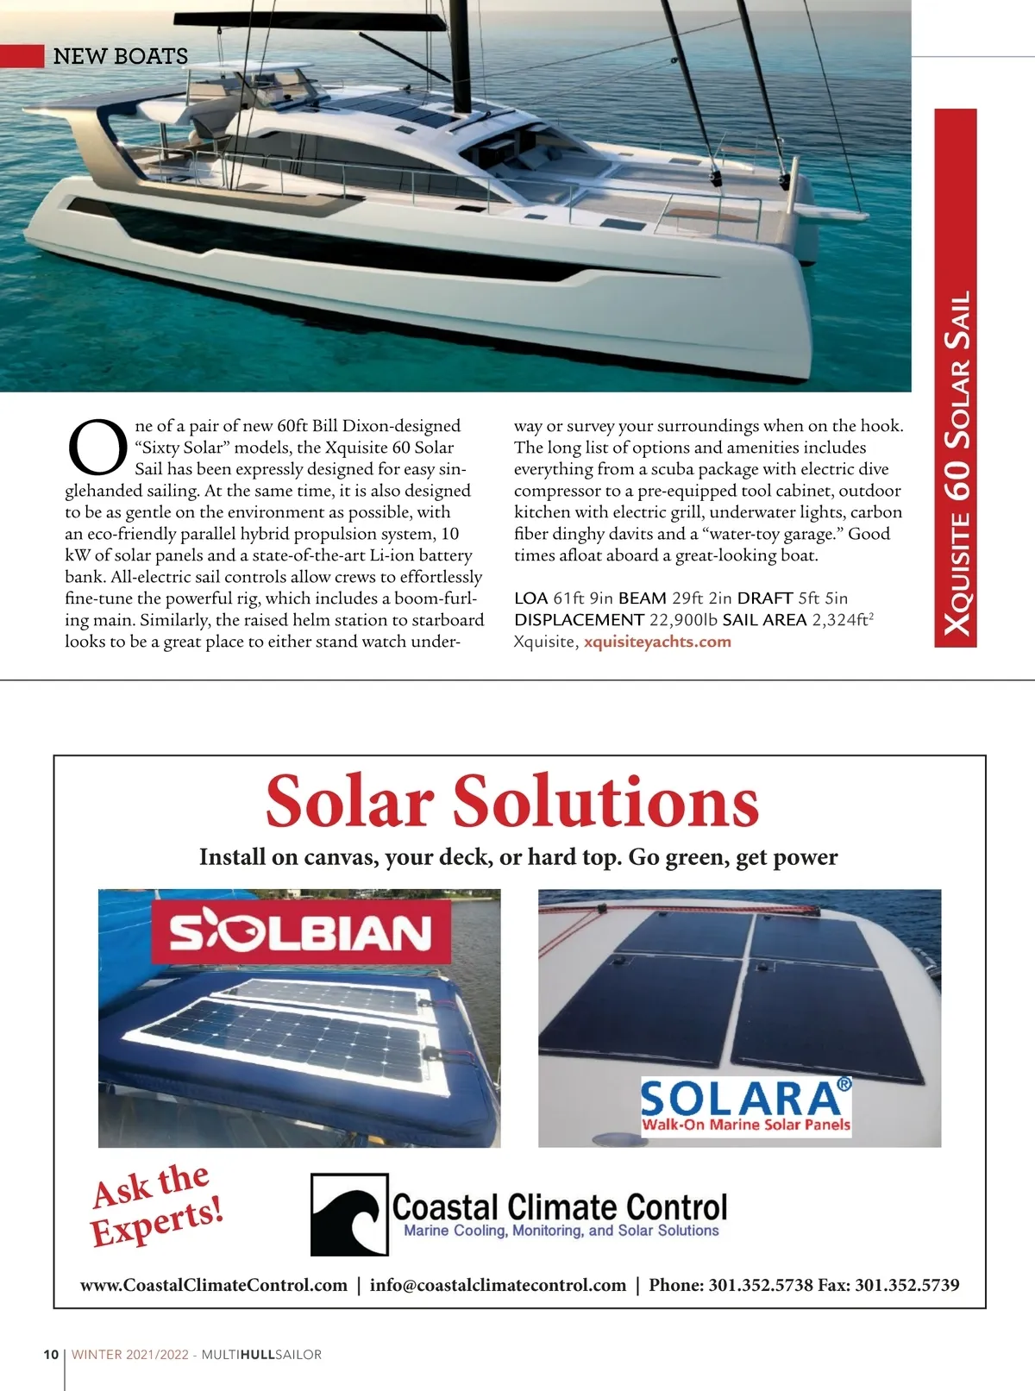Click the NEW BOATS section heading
[x=120, y=56]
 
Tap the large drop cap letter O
[x=97, y=448]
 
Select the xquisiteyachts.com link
[x=657, y=642]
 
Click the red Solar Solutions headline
[x=511, y=801]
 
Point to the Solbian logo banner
[x=301, y=932]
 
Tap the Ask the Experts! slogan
[x=157, y=1204]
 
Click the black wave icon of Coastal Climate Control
[x=349, y=1213]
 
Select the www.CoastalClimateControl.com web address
[x=214, y=1285]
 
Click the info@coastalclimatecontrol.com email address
[x=498, y=1285]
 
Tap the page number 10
[x=51, y=1354]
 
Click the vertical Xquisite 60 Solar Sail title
[x=957, y=464]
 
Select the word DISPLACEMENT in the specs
[x=579, y=620]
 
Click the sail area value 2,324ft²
[x=843, y=619]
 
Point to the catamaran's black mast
[x=461, y=52]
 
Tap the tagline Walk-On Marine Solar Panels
[x=746, y=1125]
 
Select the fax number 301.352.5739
[x=906, y=1285]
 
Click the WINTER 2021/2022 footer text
[x=129, y=1354]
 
